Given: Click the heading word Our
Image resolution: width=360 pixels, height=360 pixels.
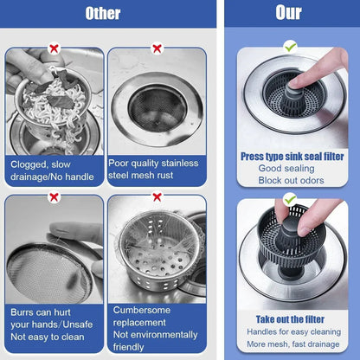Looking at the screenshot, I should pyautogui.click(x=288, y=13).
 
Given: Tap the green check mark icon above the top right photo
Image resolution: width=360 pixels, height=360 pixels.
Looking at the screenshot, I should pyautogui.click(x=290, y=45).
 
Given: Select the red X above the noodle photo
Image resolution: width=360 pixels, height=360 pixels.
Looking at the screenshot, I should pyautogui.click(x=54, y=49).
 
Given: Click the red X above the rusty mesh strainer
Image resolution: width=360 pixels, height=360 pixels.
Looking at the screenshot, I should pyautogui.click(x=157, y=49).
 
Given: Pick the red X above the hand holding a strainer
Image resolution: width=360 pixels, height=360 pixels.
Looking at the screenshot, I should pyautogui.click(x=54, y=196).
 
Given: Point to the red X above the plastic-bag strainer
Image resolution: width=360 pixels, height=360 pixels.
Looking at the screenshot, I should pyautogui.click(x=157, y=196).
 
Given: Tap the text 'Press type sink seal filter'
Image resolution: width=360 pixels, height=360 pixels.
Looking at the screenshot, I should pyautogui.click(x=292, y=156).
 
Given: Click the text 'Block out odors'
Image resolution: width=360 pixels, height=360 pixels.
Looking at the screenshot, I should pyautogui.click(x=292, y=180).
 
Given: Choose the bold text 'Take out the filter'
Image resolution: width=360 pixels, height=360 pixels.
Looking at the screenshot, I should pyautogui.click(x=292, y=318).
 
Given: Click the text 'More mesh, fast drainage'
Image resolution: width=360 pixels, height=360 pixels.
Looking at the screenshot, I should pyautogui.click(x=292, y=343).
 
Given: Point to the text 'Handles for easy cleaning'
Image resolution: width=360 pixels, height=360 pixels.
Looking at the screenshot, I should pyautogui.click(x=292, y=331).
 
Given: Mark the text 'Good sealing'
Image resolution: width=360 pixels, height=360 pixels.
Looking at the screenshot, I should pyautogui.click(x=292, y=168).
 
